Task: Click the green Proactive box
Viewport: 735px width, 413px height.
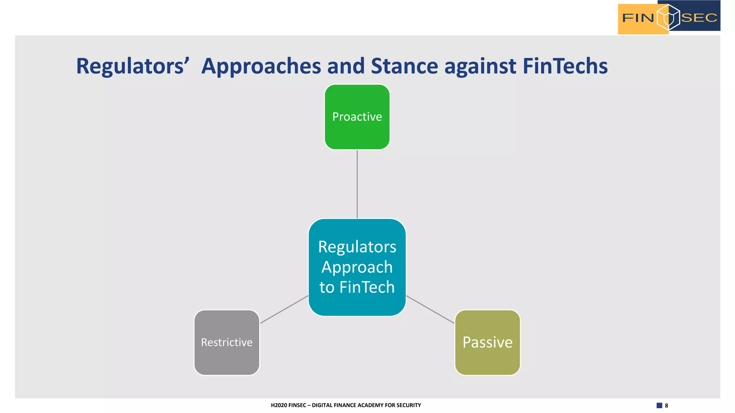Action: [x=357, y=117]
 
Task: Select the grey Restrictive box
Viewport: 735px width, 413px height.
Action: [x=226, y=342]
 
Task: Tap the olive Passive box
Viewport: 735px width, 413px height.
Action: [x=487, y=342]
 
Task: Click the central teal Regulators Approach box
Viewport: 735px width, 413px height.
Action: [x=357, y=267]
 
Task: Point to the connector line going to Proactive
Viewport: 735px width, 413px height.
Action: [x=357, y=184]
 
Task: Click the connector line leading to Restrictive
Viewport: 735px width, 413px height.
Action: [x=284, y=309]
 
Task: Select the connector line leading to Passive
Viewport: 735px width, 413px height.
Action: [x=430, y=309]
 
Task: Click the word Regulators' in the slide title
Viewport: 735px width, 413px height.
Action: [x=132, y=66]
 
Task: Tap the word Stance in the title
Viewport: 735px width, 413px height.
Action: [x=404, y=66]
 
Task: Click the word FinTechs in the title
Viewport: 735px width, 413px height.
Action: [x=565, y=66]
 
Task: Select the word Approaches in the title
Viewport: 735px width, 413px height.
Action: [x=261, y=66]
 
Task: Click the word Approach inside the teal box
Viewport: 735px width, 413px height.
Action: [x=357, y=267]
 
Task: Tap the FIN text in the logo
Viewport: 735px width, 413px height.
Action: [x=638, y=18]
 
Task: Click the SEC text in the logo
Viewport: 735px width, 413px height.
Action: [x=699, y=18]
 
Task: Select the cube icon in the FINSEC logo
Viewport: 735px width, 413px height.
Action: [x=668, y=17]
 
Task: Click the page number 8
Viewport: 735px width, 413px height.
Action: [x=666, y=405]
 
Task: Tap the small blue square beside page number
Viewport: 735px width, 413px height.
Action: [x=659, y=405]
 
